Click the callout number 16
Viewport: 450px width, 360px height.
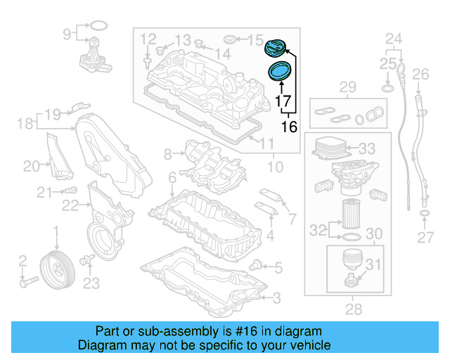click(289, 127)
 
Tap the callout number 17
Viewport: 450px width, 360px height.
click(283, 103)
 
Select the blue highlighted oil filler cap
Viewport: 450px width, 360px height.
click(275, 49)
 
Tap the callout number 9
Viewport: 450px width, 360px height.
click(67, 33)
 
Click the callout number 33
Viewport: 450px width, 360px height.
click(367, 149)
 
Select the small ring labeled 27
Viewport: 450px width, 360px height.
click(425, 213)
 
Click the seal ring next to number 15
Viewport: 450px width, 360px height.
click(229, 38)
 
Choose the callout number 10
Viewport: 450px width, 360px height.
click(275, 167)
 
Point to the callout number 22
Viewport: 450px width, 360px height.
click(69, 205)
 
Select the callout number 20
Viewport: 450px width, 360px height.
click(31, 167)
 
